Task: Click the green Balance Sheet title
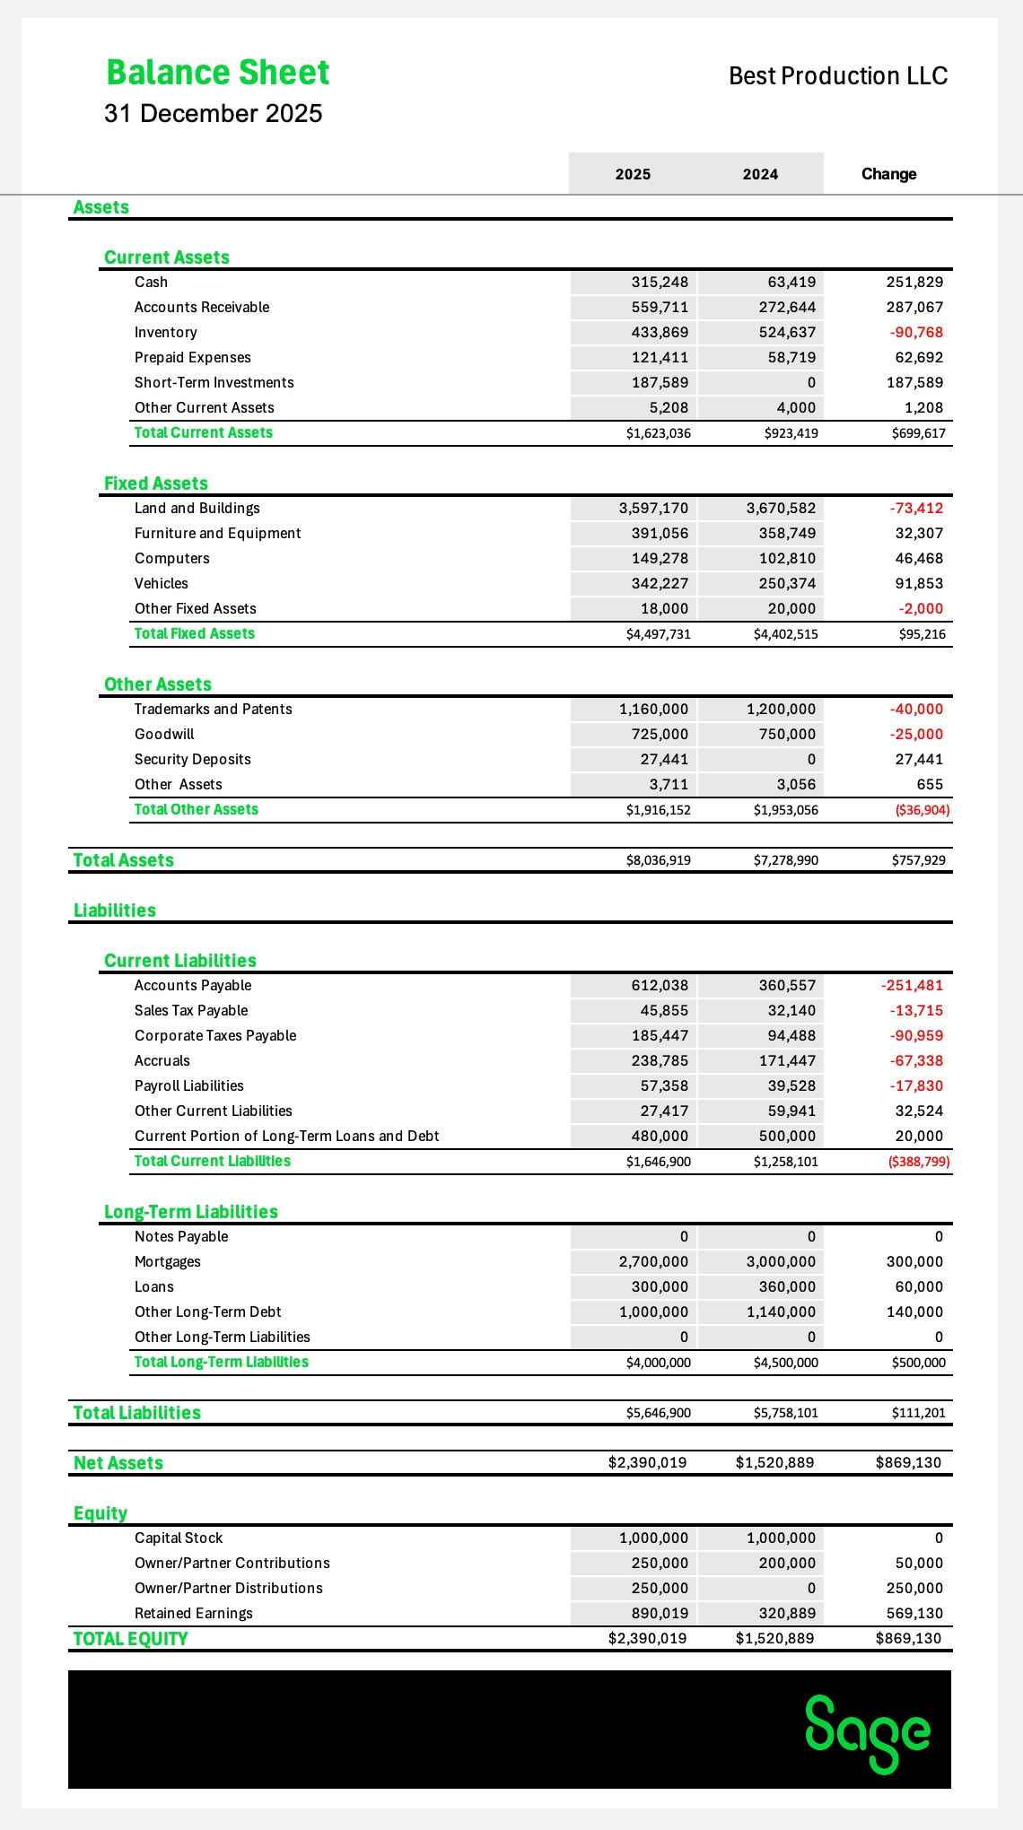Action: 218,73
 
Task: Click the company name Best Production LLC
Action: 838,76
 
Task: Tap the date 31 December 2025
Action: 213,114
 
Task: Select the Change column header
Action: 888,174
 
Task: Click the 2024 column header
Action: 760,174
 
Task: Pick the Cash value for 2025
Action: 660,283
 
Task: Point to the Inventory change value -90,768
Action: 916,333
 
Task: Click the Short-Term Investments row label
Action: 214,383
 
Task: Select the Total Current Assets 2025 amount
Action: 659,433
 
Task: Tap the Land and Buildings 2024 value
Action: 781,509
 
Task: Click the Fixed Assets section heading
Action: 156,484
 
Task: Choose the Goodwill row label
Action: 164,735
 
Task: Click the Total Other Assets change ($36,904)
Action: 922,810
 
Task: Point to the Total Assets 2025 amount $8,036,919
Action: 659,860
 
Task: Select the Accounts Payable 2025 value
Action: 660,986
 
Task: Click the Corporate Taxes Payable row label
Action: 215,1036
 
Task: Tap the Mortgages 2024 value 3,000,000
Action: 781,1262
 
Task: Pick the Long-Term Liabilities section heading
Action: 191,1212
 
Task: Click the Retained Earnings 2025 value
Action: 660,1614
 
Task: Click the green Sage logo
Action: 868,1732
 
